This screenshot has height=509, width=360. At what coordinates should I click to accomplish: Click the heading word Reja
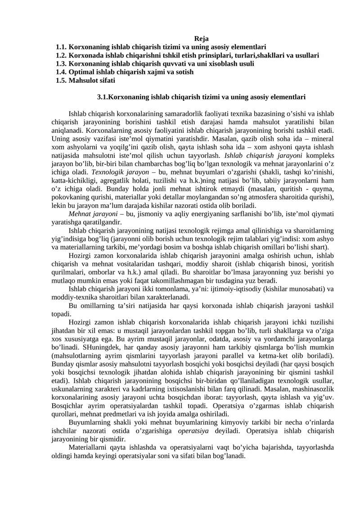point(202,39)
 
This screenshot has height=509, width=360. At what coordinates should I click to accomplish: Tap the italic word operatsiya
point(194,431)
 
